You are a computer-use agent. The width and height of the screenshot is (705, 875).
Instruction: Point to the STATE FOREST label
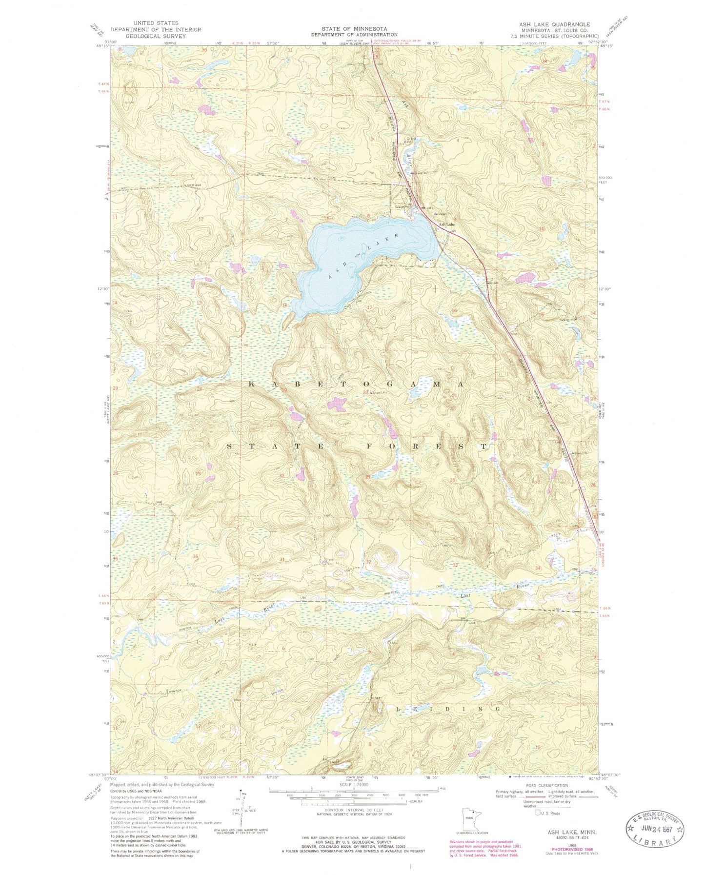point(357,447)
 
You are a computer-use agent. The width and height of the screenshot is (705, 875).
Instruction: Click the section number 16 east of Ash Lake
point(454,311)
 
